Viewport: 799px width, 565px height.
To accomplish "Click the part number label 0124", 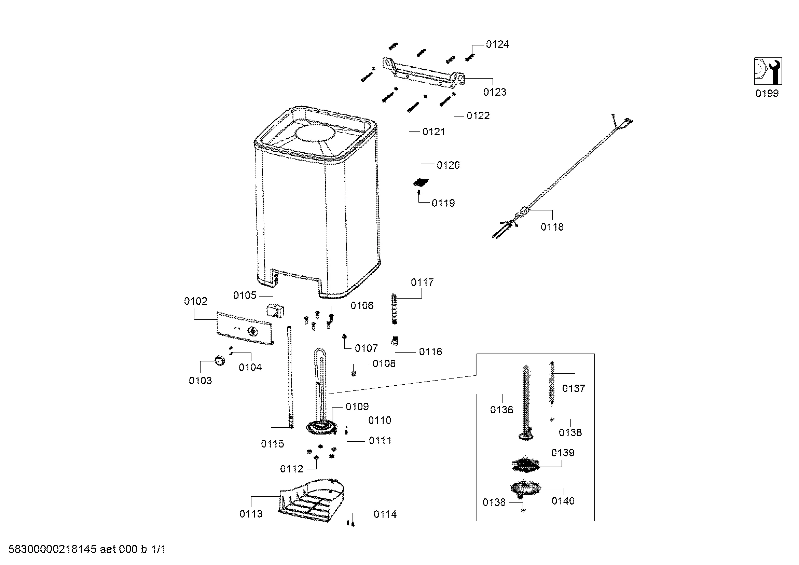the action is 497,44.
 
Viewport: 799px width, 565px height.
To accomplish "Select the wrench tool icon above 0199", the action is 768,71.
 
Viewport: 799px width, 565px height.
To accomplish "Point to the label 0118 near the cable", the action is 552,227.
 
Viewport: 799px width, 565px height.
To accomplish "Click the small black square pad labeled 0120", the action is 421,182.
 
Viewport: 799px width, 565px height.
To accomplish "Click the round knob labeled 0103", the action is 219,361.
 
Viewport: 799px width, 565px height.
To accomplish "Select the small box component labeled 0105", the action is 275,310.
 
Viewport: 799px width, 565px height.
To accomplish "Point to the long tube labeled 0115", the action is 290,377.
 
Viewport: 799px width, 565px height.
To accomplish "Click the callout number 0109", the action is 357,406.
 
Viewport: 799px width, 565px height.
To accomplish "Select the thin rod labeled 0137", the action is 552,383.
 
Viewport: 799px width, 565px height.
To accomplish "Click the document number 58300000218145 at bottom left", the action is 52,549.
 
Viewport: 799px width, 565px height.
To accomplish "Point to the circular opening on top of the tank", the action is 315,133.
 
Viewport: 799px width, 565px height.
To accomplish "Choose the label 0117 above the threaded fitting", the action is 422,282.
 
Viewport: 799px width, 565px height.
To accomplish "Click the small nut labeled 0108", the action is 354,374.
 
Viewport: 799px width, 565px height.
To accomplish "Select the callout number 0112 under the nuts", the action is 292,469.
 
